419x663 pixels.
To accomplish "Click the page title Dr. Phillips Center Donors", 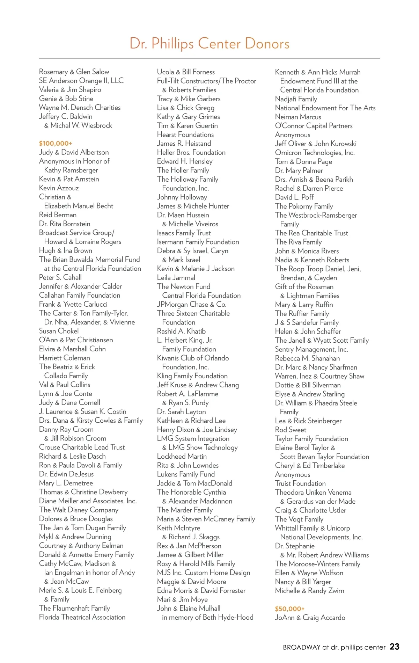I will point(209,44).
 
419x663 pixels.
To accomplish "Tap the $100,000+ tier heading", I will point(56,143).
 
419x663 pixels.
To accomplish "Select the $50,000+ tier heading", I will point(289,609).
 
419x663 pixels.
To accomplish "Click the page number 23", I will point(394,647).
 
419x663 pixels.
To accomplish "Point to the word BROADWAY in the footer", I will point(301,647).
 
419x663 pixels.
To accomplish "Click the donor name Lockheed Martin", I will point(182,456).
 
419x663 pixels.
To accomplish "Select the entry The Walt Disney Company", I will point(79,510).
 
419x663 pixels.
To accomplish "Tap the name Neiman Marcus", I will point(298,117).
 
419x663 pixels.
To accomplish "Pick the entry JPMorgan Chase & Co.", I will point(191,304).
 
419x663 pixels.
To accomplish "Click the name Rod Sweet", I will point(291,430).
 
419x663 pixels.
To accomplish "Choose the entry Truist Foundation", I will point(300,483).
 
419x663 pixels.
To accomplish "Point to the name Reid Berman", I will point(58,214).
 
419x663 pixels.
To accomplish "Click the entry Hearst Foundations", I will point(185,134).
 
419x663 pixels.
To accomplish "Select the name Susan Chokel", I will point(59,331).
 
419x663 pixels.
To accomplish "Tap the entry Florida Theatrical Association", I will point(82,617).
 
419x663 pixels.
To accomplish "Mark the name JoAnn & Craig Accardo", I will point(310,617).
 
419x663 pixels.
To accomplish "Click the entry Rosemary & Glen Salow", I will point(74,72).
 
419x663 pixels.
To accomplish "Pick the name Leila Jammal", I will point(176,277).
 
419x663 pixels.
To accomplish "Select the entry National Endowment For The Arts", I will point(325,108).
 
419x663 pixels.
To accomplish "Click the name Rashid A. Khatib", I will point(181,331).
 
